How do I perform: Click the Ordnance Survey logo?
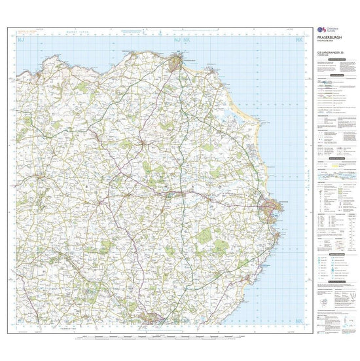[321, 30]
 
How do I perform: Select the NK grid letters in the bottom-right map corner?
[299, 320]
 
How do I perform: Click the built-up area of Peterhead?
[271, 208]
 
